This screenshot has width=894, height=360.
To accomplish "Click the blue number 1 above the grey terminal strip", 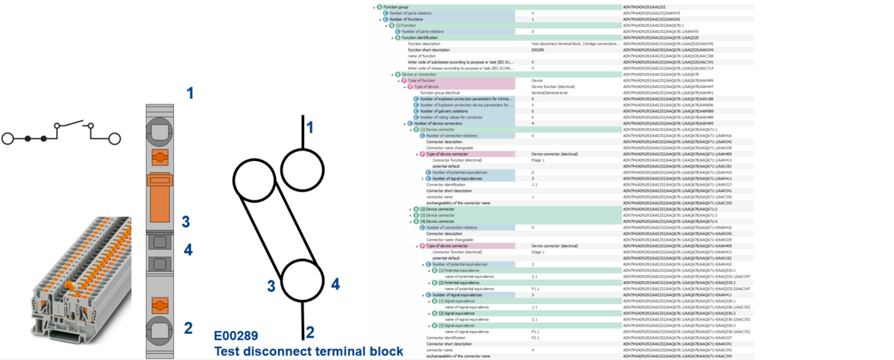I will pyautogui.click(x=190, y=93).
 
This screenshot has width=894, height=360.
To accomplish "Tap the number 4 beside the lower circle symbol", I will pyautogui.click(x=336, y=283).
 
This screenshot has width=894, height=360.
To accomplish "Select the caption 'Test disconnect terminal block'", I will pyautogui.click(x=309, y=351).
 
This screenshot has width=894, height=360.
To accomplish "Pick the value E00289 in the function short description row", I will pyautogui.click(x=538, y=50).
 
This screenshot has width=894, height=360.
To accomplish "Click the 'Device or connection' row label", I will pyautogui.click(x=419, y=75).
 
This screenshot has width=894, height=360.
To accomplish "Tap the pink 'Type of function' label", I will pyautogui.click(x=424, y=80).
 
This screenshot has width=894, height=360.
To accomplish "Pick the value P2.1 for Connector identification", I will pyautogui.click(x=535, y=338).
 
